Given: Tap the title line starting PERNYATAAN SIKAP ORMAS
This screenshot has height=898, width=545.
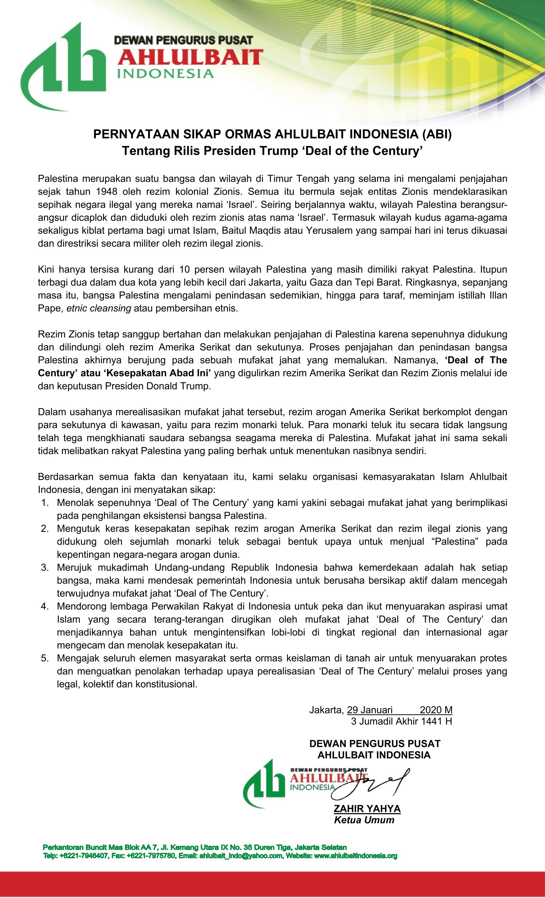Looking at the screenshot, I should coord(272,134).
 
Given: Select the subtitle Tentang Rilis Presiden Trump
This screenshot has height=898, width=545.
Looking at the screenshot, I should coord(272,151).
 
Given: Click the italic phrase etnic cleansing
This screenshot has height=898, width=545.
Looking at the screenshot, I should coord(99,308).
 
